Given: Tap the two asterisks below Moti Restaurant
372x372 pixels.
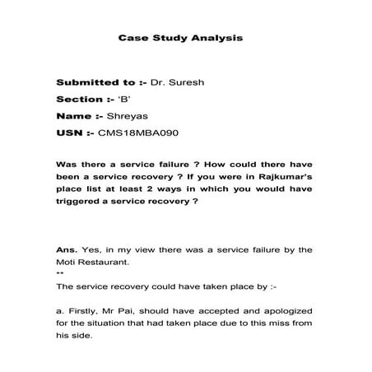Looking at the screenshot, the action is pos(58,273).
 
